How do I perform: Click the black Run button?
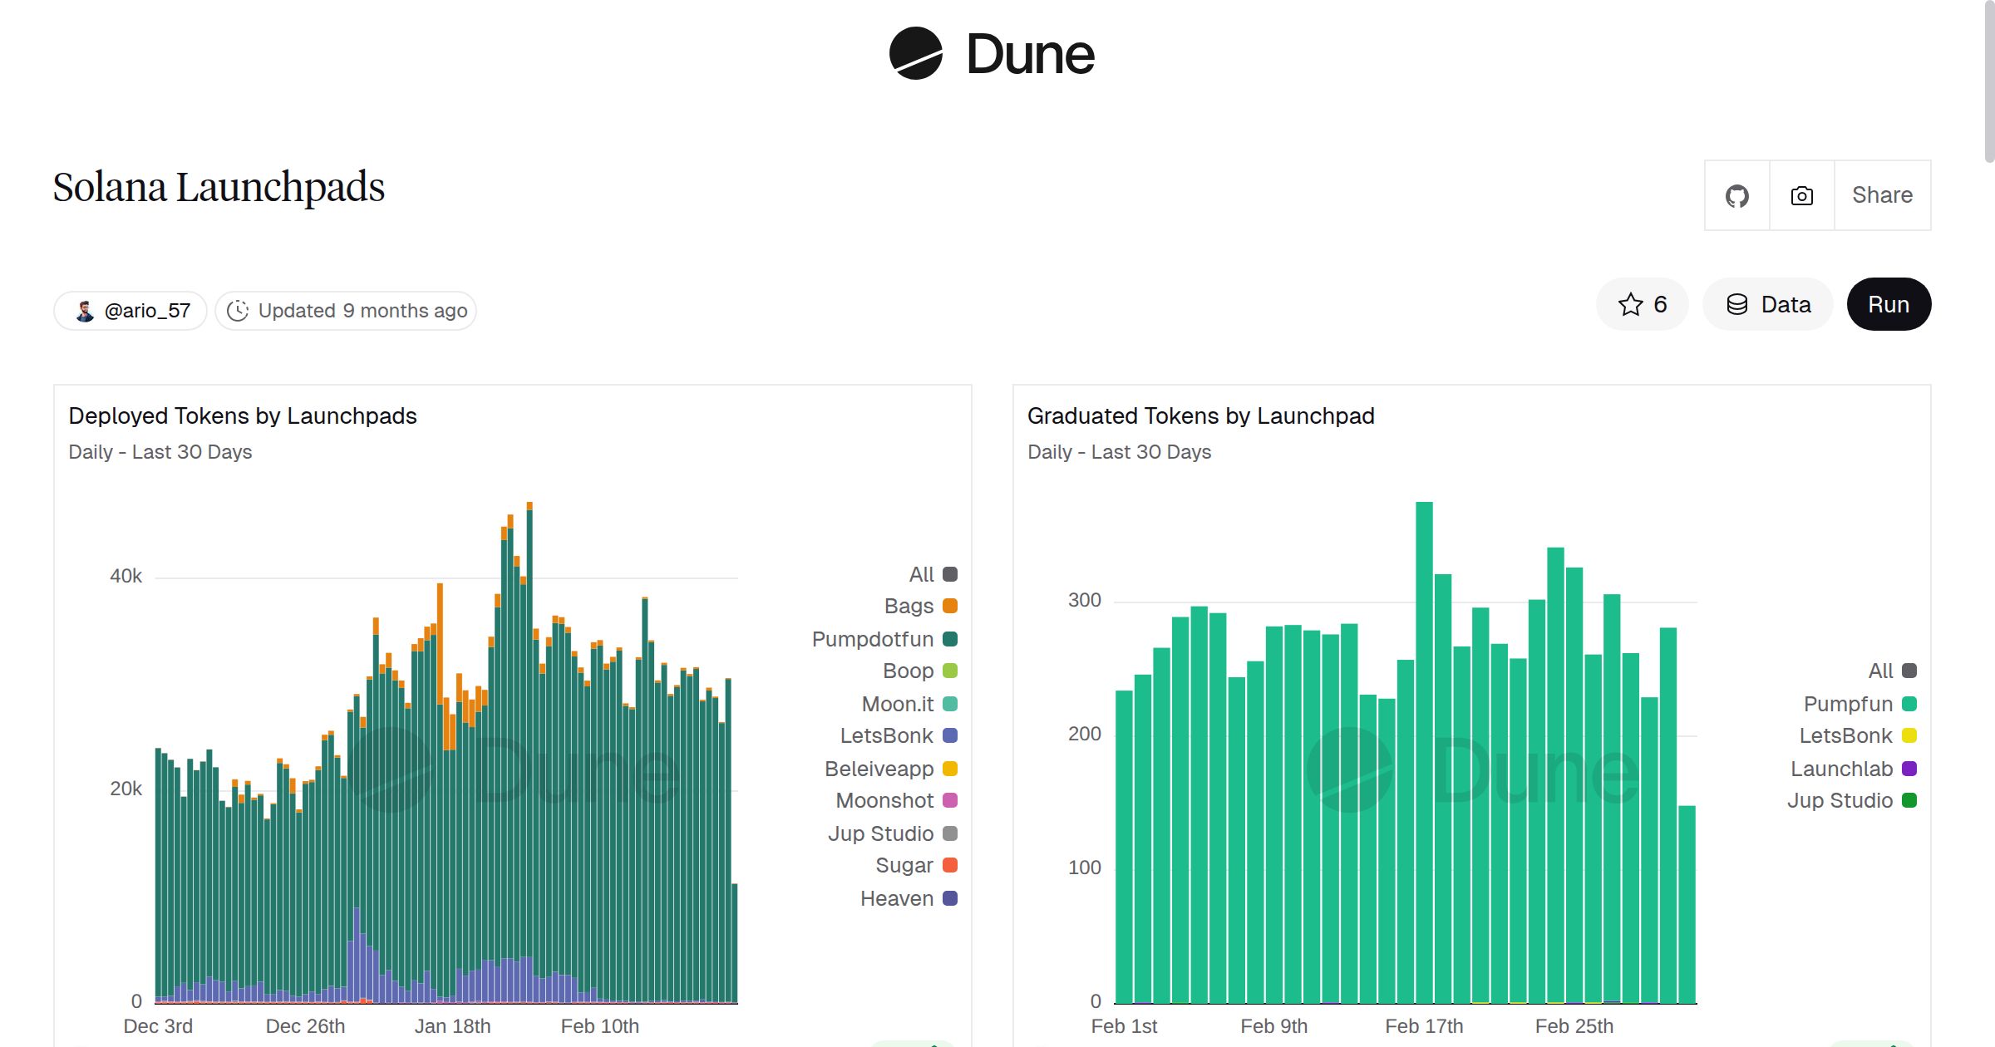click(1888, 305)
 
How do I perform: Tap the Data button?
click(1768, 305)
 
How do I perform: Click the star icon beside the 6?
click(1630, 305)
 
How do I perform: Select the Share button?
click(1882, 195)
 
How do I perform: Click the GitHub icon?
click(1736, 196)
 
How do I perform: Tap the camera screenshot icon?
click(1801, 196)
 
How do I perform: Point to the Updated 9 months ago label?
click(347, 311)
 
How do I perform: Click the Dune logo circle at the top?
click(915, 54)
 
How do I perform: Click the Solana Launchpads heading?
click(219, 187)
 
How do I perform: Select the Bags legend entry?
click(920, 606)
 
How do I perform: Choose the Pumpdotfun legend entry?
click(884, 639)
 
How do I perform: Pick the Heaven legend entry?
click(909, 898)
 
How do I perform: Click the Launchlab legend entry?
click(1853, 769)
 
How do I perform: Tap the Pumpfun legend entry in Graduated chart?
click(1860, 704)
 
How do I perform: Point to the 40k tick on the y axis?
click(126, 576)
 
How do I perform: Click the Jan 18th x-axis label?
click(452, 1026)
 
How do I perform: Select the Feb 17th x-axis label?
click(1423, 1026)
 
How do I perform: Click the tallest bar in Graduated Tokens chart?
click(1423, 748)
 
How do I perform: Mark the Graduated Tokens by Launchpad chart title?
click(1200, 415)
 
